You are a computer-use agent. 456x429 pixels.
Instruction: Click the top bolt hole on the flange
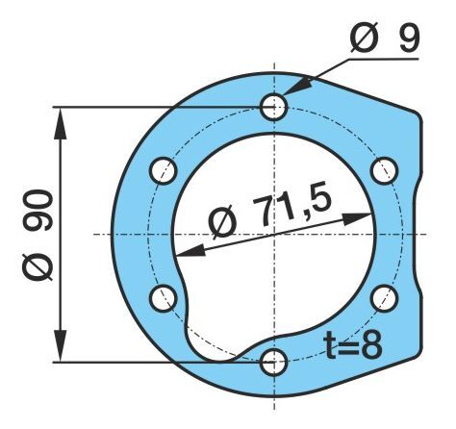coord(273,107)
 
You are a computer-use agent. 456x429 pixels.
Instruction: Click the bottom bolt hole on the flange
coord(273,363)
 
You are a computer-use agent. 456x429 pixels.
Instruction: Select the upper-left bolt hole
coord(163,170)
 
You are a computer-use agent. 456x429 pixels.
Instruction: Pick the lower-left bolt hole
coord(163,298)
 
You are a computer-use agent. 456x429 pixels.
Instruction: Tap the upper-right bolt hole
coord(384,170)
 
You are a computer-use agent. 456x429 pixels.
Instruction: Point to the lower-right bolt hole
coord(384,298)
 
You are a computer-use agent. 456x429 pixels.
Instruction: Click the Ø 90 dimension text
coord(38,236)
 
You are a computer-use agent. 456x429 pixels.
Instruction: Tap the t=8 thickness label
coord(353,344)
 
